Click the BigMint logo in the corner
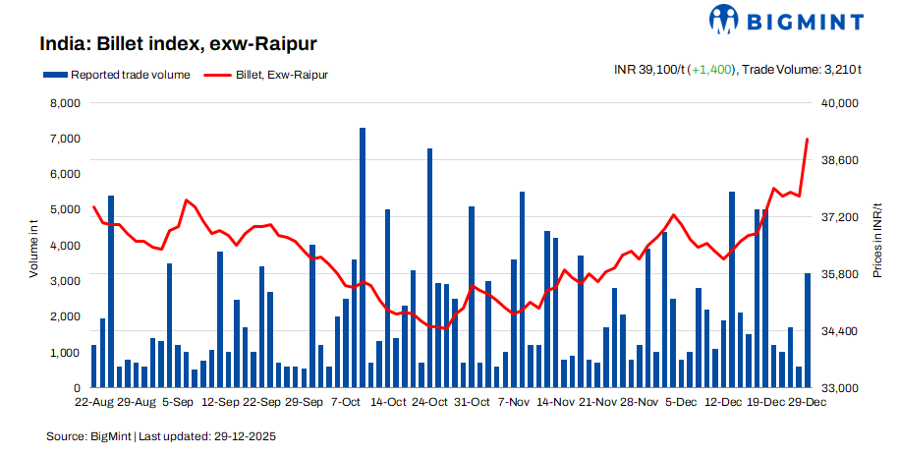[785, 20]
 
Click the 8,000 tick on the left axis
[64, 103]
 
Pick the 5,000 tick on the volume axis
[64, 210]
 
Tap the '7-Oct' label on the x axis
[347, 402]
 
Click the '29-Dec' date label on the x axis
[809, 402]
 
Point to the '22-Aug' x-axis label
[93, 402]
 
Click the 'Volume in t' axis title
[33, 246]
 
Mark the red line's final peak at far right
[808, 140]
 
